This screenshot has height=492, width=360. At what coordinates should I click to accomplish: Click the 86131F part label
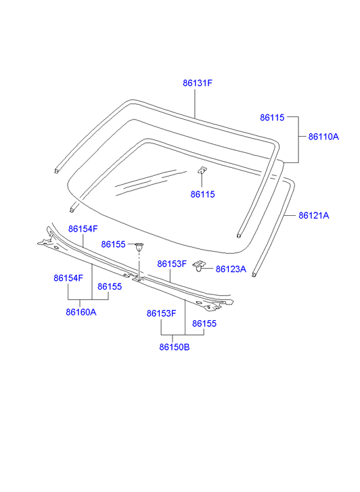click(198, 83)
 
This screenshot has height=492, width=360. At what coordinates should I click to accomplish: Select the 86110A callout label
click(323, 137)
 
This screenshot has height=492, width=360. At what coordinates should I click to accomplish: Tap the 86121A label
click(314, 216)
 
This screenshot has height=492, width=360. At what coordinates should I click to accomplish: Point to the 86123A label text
click(231, 269)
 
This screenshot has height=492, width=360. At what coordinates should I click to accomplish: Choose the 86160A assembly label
click(81, 312)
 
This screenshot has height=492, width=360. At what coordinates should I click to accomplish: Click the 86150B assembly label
click(175, 347)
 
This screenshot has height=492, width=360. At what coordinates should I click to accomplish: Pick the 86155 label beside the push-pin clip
click(113, 244)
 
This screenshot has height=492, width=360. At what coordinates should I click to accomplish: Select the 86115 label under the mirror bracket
click(203, 194)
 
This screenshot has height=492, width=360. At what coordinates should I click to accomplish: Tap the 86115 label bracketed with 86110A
click(272, 118)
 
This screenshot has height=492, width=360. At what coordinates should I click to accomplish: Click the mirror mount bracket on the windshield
click(202, 170)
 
